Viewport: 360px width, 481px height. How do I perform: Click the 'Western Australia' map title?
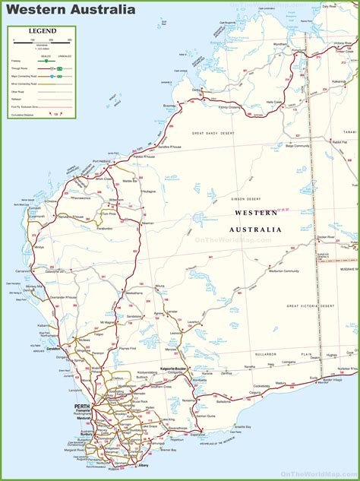pos(72,10)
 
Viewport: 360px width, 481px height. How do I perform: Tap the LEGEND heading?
pos(43,30)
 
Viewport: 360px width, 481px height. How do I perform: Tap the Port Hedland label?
pos(101,161)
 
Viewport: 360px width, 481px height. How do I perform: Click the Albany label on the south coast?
pos(142,464)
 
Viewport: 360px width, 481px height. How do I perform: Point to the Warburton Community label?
pos(286,270)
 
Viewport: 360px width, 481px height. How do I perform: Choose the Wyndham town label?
pos(281,44)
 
